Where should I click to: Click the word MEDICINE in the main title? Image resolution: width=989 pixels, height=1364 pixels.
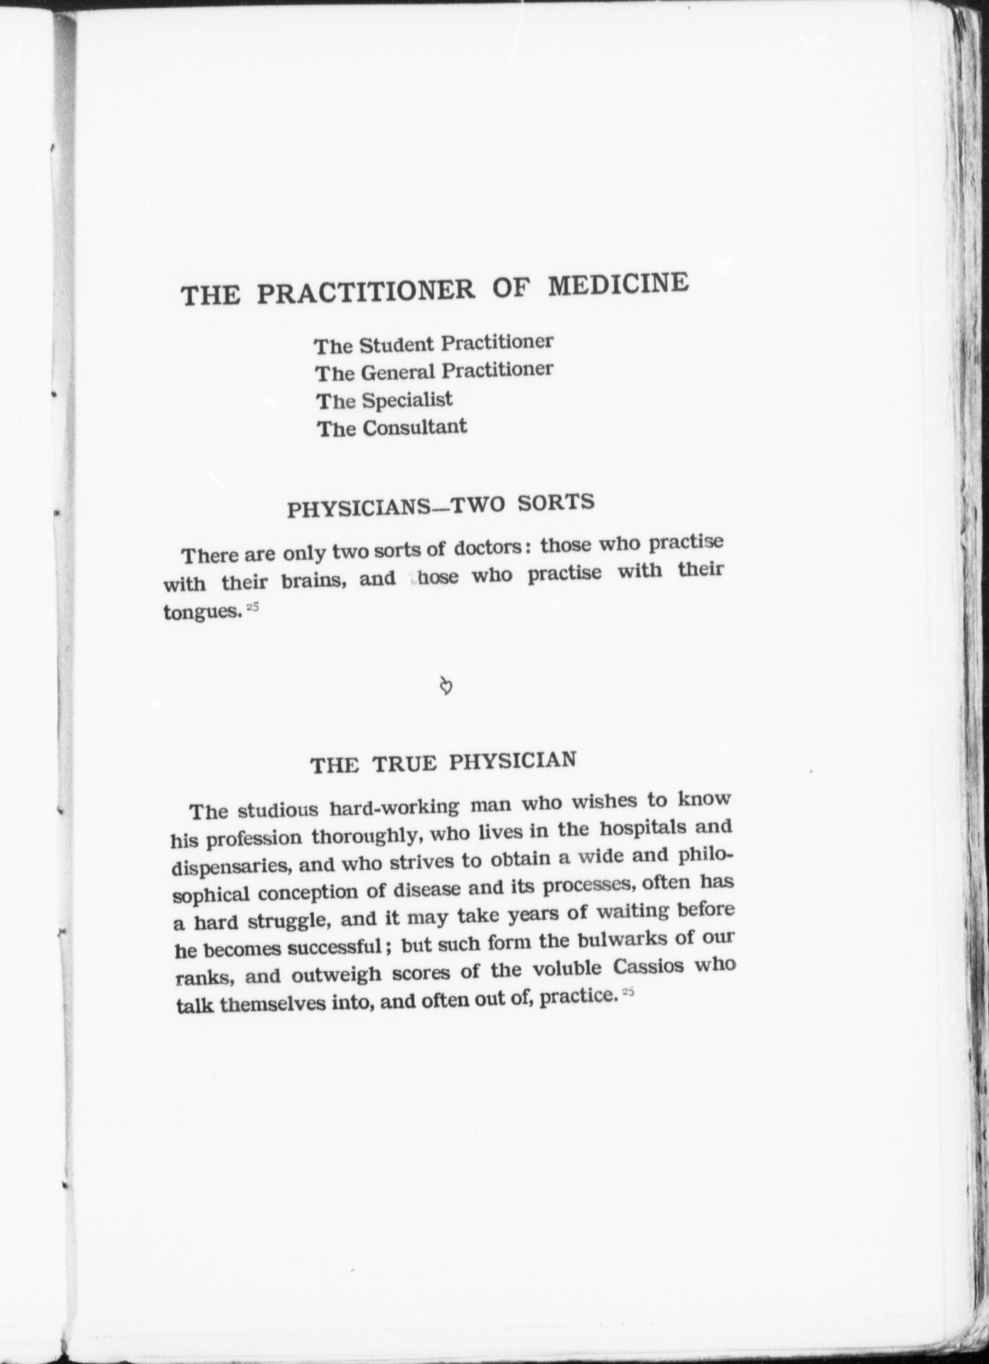tap(617, 284)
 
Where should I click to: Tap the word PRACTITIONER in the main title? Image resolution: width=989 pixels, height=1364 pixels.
tap(365, 291)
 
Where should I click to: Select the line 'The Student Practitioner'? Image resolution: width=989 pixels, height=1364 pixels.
tap(433, 343)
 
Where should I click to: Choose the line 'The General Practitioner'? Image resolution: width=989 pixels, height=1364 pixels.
tap(433, 371)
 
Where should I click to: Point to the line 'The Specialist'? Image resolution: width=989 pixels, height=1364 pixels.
tap(384, 400)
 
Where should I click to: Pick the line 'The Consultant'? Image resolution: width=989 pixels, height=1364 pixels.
tap(391, 428)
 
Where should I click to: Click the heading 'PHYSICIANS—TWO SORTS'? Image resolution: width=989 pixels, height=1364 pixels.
tap(440, 506)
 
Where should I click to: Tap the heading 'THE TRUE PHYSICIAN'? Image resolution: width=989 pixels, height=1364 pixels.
tap(443, 762)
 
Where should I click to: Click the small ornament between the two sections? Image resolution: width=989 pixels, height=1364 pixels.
tap(446, 686)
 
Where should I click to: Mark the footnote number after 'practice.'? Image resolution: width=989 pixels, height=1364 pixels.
tap(627, 992)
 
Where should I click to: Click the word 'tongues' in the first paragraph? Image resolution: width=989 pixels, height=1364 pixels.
tap(202, 611)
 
